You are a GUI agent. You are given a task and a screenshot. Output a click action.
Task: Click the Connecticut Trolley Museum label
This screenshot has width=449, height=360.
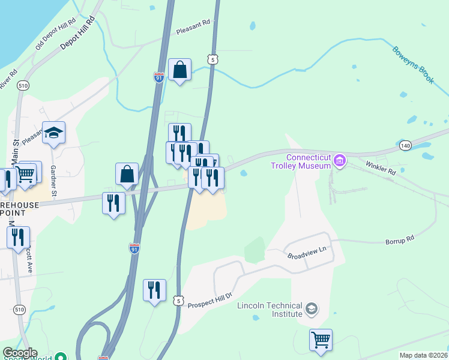tap(301, 161)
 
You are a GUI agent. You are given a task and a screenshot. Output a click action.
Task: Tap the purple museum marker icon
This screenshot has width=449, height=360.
tap(340, 160)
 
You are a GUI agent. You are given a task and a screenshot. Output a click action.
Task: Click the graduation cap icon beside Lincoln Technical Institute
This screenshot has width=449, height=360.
tap(311, 309)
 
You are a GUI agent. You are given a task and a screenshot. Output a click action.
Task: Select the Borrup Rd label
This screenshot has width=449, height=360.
tap(400, 239)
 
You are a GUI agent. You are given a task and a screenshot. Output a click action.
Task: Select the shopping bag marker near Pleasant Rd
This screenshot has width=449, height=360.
tap(180, 70)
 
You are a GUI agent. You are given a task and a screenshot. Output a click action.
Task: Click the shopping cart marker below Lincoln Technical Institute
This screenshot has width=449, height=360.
tap(321, 340)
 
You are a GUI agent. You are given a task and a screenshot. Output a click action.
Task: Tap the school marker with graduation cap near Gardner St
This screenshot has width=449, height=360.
tap(53, 133)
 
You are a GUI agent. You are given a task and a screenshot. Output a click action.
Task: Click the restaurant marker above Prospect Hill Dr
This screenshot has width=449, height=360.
tap(154, 290)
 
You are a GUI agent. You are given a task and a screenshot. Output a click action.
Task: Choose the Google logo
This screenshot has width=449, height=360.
tap(20, 353)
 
